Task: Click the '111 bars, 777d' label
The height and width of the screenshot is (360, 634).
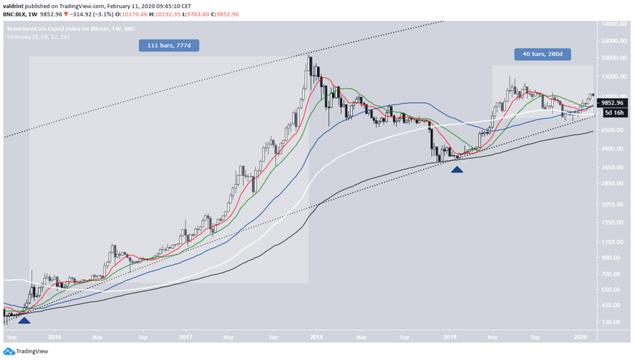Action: pyautogui.click(x=169, y=45)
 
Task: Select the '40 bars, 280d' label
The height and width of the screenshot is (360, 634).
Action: pyautogui.click(x=542, y=54)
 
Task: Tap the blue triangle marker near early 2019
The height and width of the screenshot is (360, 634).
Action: pyautogui.click(x=456, y=169)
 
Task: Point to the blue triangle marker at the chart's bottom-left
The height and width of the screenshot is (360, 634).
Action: pyautogui.click(x=24, y=320)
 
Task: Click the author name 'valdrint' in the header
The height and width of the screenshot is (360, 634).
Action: pyautogui.click(x=16, y=4)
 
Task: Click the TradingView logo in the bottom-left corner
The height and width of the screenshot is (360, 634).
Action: pyautogui.click(x=27, y=351)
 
